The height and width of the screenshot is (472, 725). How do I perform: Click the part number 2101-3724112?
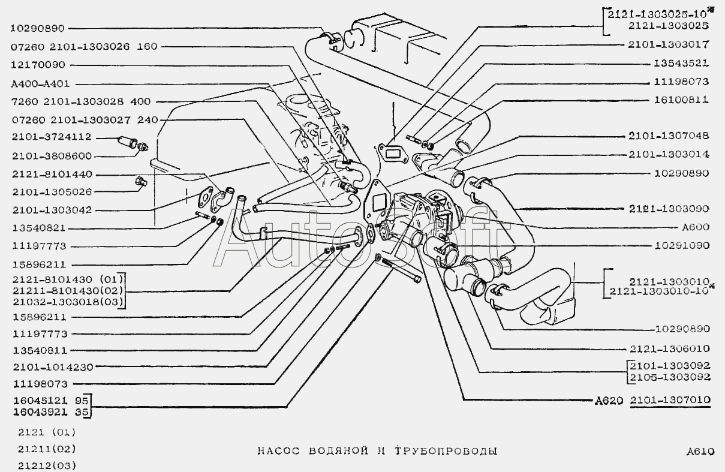point(52,137)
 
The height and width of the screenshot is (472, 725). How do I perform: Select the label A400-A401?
point(40,84)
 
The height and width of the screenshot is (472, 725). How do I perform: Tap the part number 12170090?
point(38,65)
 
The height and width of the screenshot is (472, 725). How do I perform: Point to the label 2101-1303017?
point(669,44)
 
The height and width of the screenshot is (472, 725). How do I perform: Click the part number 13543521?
point(681,63)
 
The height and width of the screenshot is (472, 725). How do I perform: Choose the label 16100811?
point(681,100)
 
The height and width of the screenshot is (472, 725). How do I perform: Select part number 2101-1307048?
point(669,136)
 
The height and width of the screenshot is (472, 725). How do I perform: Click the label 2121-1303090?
point(669,209)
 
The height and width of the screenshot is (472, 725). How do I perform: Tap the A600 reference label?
point(696,227)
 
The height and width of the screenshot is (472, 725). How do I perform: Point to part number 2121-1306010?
point(670,348)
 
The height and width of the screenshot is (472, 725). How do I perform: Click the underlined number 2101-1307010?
point(670,400)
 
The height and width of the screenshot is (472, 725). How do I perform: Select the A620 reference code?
point(609,401)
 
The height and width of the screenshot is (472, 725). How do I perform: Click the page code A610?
point(700,452)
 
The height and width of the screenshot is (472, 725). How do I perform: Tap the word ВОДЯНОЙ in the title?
point(339,451)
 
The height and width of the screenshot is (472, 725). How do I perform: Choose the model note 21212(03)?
point(47,466)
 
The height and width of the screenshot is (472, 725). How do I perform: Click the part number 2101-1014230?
point(53,367)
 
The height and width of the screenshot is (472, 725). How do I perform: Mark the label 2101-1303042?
point(52,210)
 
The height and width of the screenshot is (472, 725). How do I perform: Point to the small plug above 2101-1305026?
point(141,181)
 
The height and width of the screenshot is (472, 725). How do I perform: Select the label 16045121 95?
point(51,401)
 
